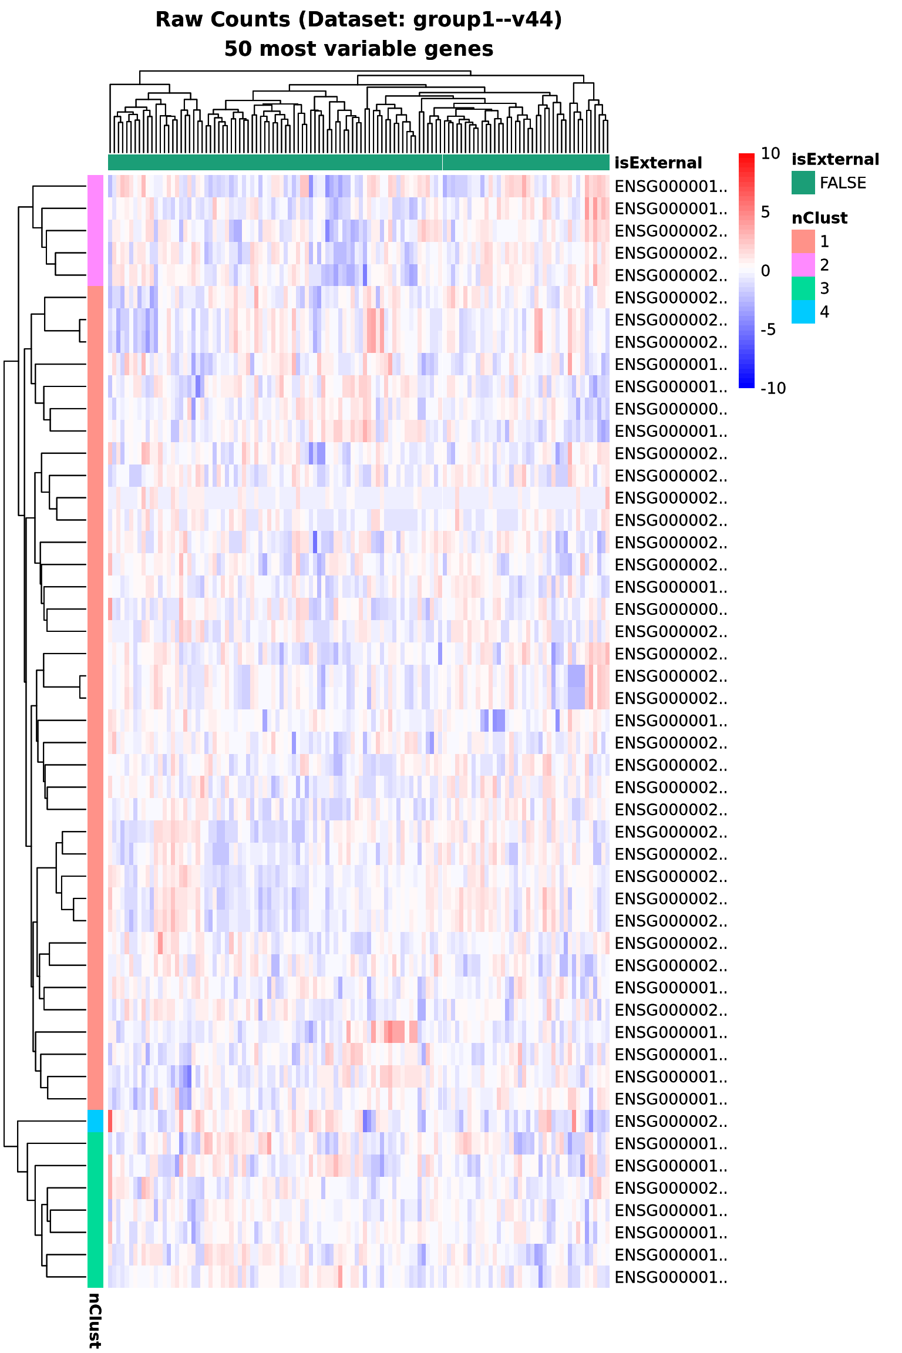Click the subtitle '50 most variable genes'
click(358, 49)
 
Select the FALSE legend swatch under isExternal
click(803, 183)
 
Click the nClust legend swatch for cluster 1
click(803, 241)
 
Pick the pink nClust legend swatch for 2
click(803, 265)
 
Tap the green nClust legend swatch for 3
click(803, 288)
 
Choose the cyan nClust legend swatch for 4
click(803, 312)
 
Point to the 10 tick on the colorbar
click(770, 154)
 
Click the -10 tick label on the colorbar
click(773, 388)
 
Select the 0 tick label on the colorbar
click(765, 271)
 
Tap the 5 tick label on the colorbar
click(765, 212)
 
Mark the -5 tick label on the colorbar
click(768, 329)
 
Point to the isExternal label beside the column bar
click(658, 163)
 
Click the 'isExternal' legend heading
click(835, 159)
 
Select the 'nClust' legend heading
click(819, 218)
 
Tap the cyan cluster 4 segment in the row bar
click(95, 1120)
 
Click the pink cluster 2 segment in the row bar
click(95, 230)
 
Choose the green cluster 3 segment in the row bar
click(95, 1210)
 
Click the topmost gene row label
click(671, 187)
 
